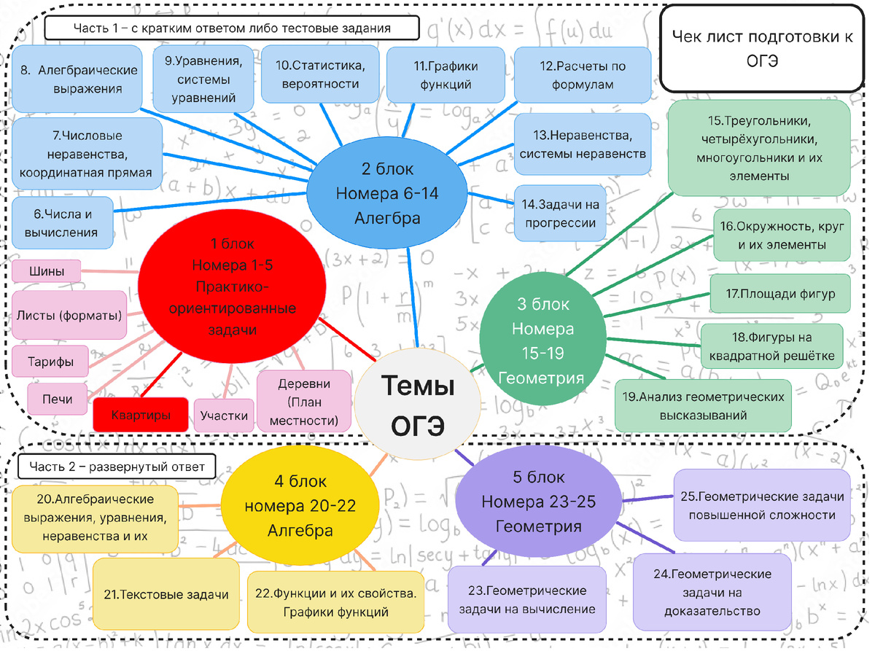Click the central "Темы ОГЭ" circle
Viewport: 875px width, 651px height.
[x=417, y=404]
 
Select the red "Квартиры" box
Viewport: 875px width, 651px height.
[x=141, y=415]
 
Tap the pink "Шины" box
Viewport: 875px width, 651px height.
[x=47, y=271]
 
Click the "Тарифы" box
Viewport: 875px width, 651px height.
[x=50, y=362]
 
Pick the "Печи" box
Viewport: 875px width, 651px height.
[x=57, y=399]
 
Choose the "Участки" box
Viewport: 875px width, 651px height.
[x=224, y=415]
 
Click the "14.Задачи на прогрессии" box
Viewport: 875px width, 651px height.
[x=560, y=213]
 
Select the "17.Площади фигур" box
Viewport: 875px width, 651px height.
[x=780, y=294]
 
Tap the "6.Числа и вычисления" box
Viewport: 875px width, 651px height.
[x=62, y=223]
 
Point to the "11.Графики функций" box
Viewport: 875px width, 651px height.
[x=446, y=75]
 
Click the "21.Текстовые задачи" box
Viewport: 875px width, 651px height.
[x=166, y=594]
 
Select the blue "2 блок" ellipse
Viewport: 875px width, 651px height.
[x=387, y=193]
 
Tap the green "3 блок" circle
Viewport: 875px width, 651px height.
[x=542, y=338]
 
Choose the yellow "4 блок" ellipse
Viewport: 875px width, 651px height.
[x=300, y=505]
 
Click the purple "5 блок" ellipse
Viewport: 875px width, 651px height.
[x=539, y=502]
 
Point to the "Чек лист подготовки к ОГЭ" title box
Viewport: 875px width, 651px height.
[x=762, y=48]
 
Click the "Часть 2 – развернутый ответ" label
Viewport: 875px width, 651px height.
[x=117, y=467]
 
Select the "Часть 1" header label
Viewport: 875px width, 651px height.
[x=232, y=28]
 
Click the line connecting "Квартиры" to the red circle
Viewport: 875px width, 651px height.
[x=161, y=375]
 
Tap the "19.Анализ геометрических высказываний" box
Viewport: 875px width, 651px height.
[x=703, y=405]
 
